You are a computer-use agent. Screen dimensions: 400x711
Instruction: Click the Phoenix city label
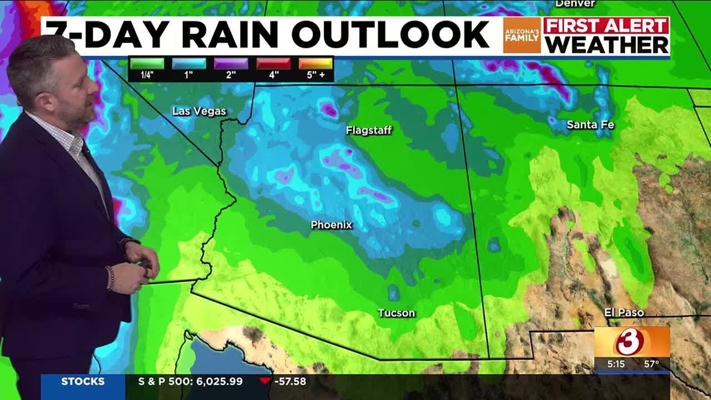[331, 225]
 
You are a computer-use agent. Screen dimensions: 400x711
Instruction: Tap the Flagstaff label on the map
[368, 131]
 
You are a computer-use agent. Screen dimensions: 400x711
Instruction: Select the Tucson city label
[396, 313]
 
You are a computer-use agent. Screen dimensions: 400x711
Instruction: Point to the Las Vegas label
[199, 111]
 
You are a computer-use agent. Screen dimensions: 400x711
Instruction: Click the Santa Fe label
[590, 125]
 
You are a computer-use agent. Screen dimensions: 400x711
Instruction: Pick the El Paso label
[624, 313]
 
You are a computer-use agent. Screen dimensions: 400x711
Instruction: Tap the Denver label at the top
[575, 3]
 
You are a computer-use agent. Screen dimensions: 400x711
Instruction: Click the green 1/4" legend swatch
[147, 63]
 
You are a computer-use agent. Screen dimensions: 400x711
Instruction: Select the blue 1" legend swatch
[189, 63]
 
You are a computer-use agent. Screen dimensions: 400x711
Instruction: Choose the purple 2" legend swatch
[231, 63]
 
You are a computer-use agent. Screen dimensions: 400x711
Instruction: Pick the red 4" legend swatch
[273, 63]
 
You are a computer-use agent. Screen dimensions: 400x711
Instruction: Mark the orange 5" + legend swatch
[316, 63]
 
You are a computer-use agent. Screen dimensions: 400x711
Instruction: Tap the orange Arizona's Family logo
[522, 36]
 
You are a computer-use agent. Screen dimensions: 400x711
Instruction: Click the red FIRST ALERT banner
[606, 26]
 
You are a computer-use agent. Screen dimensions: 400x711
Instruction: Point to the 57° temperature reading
[651, 364]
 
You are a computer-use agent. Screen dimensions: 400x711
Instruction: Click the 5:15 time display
[615, 364]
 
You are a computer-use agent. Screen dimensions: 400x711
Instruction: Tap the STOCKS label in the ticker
[83, 382]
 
